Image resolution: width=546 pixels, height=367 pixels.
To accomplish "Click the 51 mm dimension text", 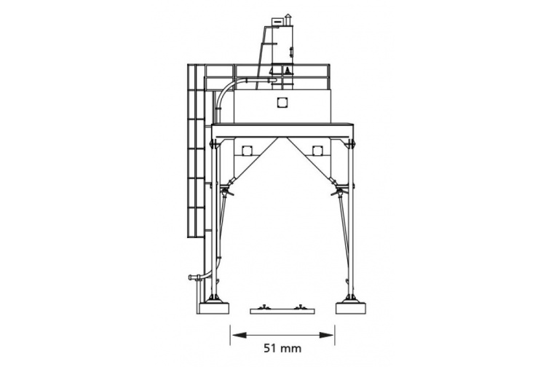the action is click(x=282, y=348).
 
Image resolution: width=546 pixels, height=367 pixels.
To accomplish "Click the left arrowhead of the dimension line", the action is click(x=240, y=335).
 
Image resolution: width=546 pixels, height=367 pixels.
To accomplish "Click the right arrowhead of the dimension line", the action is click(x=326, y=335).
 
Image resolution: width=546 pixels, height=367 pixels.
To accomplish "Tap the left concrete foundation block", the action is click(x=213, y=309).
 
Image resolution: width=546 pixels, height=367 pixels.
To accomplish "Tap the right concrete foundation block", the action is click(x=351, y=309).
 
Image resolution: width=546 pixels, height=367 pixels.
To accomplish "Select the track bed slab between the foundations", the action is click(x=282, y=311).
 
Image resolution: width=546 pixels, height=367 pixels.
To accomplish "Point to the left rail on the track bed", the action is click(x=266, y=307).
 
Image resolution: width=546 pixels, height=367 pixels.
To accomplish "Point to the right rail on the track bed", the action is click(x=299, y=307).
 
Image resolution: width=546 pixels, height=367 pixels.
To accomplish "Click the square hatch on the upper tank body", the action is click(x=282, y=103).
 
